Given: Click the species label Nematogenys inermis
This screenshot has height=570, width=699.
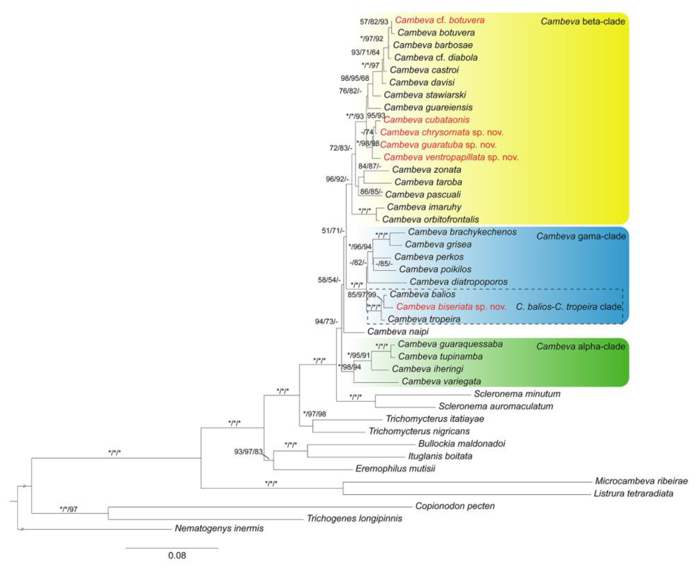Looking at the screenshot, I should pos(219,528).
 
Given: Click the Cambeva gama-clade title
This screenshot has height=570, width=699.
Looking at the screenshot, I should pos(581,236).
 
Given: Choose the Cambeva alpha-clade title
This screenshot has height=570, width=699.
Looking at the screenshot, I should pos(581,346).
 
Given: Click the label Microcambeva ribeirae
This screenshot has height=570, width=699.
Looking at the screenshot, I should pos(641,481).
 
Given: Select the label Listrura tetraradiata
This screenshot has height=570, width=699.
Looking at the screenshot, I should pos(633,493).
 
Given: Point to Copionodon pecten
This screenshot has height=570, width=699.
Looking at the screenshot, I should pos(455,506).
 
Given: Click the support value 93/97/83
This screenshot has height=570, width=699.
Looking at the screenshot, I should pos(248,452).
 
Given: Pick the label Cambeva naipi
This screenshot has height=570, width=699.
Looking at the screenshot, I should pos(398,332).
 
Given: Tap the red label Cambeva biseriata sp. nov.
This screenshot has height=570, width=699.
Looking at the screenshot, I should pos(451,307).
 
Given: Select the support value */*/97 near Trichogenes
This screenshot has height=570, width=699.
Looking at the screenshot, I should pos(68,509).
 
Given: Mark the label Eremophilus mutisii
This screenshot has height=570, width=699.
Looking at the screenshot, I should pos(395,468).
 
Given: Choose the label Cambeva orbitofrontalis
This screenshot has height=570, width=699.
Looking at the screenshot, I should pos(430,219).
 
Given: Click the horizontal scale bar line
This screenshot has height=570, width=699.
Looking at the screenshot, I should pos(172,548).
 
